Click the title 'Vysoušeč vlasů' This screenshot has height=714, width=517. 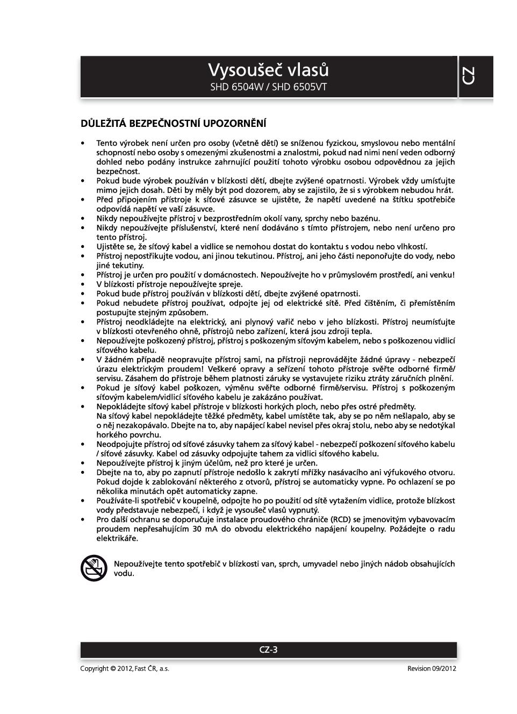tap(268, 70)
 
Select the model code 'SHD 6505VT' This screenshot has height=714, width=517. tap(299, 87)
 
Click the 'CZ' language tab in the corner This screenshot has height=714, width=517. tap(468, 76)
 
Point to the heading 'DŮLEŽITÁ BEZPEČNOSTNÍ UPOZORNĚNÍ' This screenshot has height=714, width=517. tap(173, 124)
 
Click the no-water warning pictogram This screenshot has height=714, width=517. tap(94, 568)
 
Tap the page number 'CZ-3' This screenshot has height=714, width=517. tap(268, 649)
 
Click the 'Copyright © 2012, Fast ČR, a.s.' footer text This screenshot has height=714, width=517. tap(125, 669)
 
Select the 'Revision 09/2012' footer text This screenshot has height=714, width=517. tap(432, 669)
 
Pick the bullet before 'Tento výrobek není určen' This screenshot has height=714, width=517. tap(83, 143)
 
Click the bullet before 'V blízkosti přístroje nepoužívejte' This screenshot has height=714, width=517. tap(83, 284)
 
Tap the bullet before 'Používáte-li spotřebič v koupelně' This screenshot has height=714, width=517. tap(83, 501)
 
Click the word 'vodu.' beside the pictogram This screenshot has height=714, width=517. tap(124, 573)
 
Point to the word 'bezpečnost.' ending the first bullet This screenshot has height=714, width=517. tap(118, 171)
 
